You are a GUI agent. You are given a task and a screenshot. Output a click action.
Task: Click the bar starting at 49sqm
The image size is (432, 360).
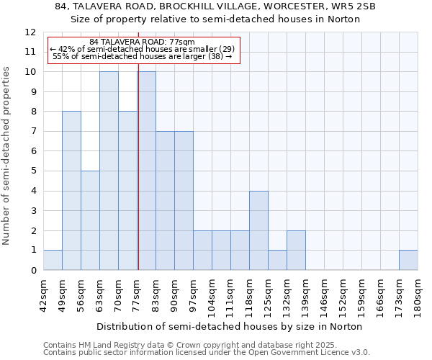[x=71, y=191]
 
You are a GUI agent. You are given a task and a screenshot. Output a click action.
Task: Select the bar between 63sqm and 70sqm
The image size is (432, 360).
[x=109, y=171]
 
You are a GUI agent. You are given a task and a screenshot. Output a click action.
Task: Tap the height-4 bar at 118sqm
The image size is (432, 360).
[x=258, y=230]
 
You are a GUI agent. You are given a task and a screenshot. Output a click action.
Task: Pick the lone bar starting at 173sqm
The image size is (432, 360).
[x=408, y=260]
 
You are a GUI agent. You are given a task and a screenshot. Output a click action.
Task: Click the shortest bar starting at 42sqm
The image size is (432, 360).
[x=53, y=260]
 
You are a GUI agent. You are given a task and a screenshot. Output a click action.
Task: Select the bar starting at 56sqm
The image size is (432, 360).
[x=90, y=220]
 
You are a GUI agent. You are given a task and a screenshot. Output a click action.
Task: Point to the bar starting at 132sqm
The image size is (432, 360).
[x=296, y=251]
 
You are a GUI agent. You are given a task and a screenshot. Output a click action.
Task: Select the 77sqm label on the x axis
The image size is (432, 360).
[x=138, y=294]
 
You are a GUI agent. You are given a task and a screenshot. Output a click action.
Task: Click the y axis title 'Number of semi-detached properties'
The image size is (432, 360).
[x=7, y=156]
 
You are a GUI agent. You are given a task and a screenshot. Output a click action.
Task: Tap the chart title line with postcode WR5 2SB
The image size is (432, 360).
[x=215, y=6]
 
